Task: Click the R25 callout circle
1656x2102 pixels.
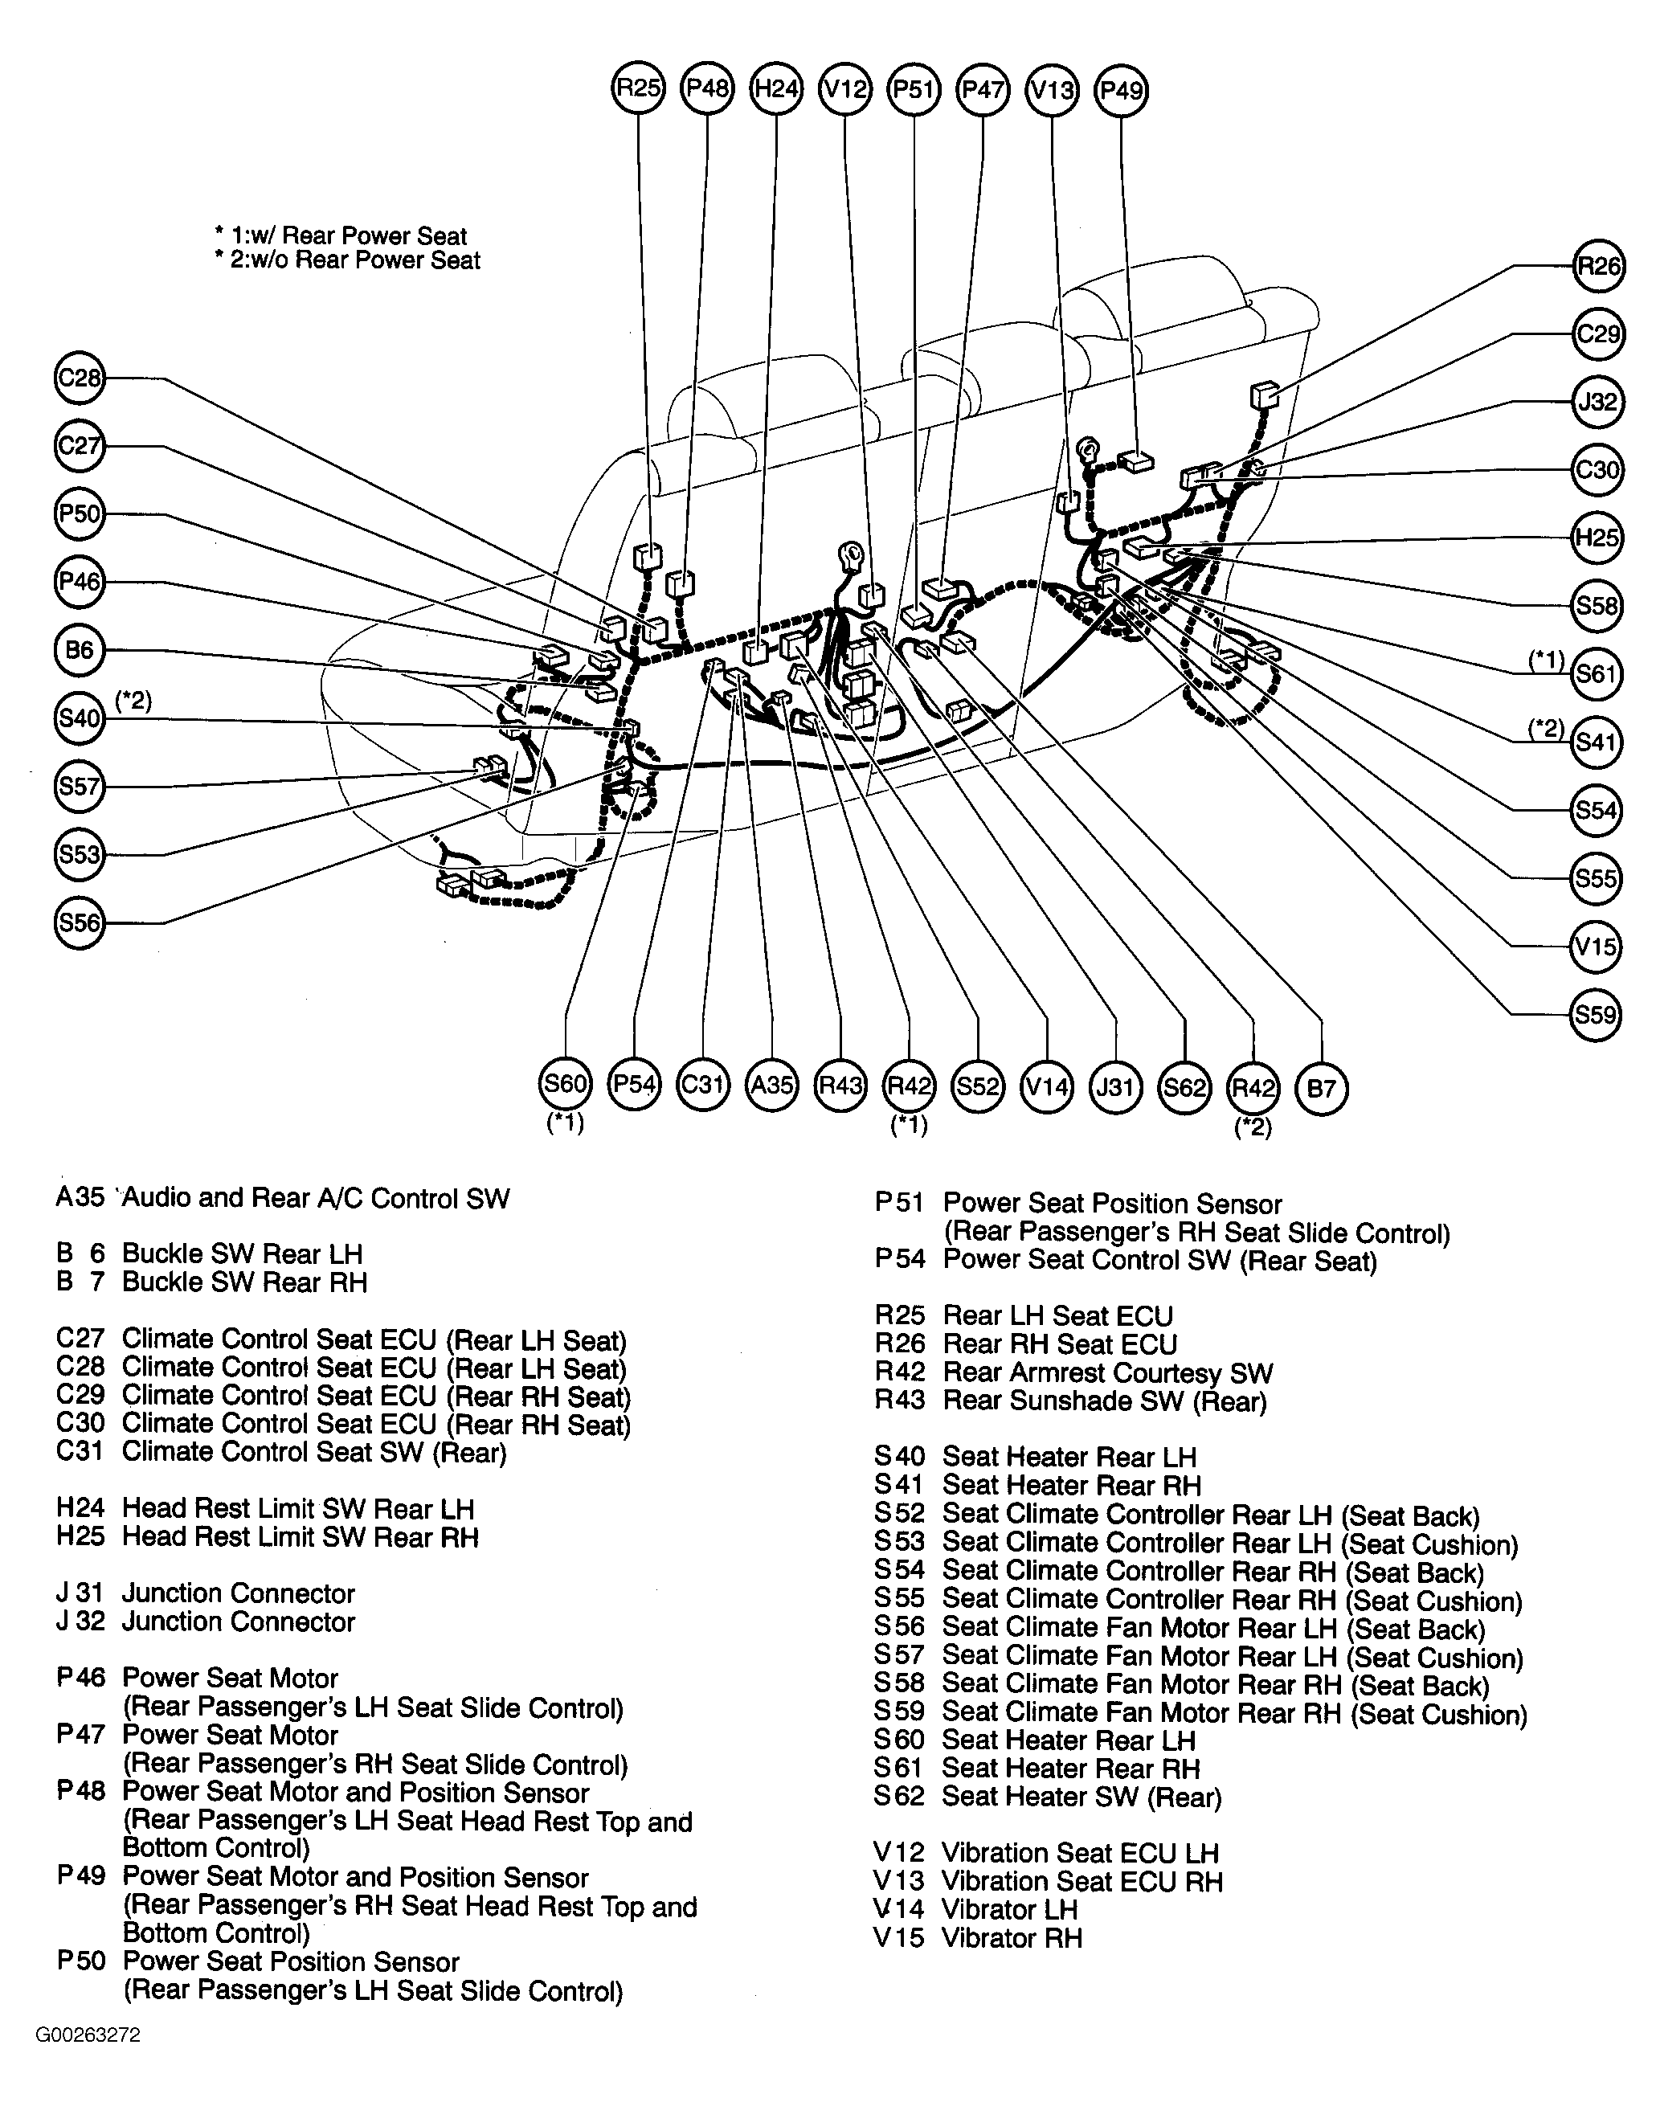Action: click(x=638, y=89)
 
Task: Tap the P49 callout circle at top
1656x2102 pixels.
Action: click(x=1121, y=90)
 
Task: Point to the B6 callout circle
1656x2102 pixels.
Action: click(x=80, y=649)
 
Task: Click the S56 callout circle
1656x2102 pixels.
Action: click(x=80, y=922)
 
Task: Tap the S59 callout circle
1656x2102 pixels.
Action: click(x=1596, y=1014)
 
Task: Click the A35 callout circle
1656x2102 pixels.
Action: click(x=772, y=1085)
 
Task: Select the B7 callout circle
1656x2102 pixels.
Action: click(x=1322, y=1088)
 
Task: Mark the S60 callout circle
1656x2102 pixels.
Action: click(x=564, y=1084)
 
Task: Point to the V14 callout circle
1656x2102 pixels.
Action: click(x=1047, y=1086)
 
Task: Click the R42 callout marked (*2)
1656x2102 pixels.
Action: click(x=1253, y=1087)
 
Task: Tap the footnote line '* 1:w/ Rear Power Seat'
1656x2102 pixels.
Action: click(x=341, y=235)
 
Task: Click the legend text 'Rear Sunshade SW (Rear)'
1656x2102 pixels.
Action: click(x=1104, y=1401)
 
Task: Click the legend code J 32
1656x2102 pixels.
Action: click(x=80, y=1621)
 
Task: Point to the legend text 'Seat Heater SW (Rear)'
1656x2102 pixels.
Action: click(x=1082, y=1797)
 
